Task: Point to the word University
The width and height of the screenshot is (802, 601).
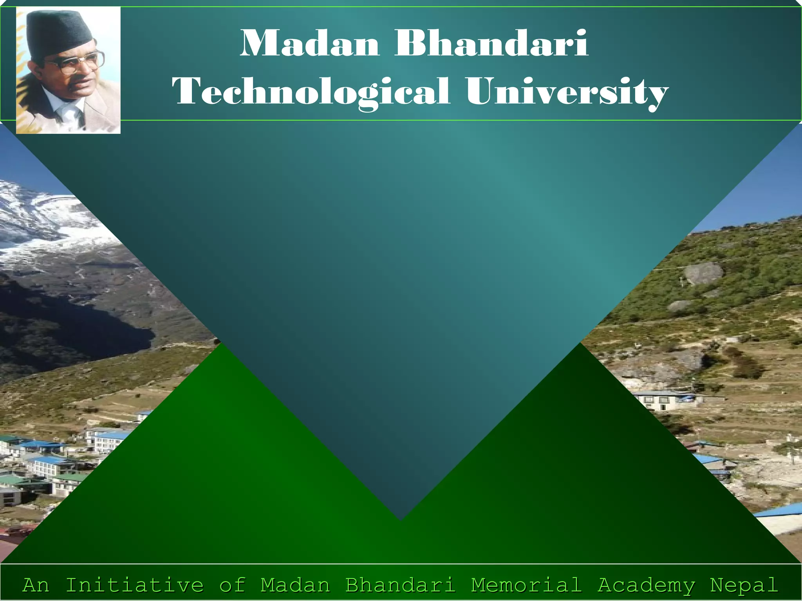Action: coord(567,92)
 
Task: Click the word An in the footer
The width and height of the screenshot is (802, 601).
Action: coord(36,585)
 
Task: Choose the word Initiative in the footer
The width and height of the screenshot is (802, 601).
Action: coord(134,585)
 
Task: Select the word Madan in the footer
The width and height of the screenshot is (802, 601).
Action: coord(295,585)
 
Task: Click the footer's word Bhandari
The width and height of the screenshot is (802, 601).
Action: coord(400,585)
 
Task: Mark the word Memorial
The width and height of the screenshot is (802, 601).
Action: coord(526,585)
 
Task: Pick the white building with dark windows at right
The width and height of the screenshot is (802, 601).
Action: coord(658,401)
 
